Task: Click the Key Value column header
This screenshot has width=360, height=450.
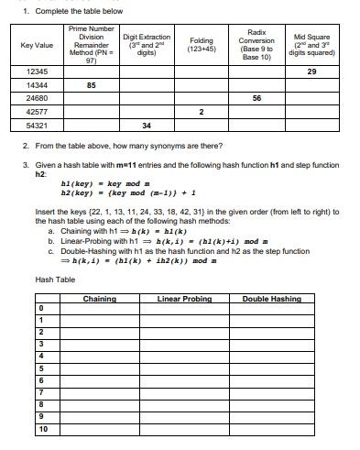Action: [37, 45]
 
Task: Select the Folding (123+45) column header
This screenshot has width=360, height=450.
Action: [201, 45]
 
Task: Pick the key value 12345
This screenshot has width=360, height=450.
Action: [38, 71]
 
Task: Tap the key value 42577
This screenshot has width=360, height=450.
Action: [38, 111]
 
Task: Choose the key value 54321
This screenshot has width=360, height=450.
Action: [38, 125]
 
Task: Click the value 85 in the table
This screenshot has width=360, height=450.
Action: [91, 84]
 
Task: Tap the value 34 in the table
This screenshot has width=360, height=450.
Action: [147, 125]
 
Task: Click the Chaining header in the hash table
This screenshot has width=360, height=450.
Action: [99, 299]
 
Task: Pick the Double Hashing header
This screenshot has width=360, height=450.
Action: [271, 299]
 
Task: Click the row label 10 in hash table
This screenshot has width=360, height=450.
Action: [43, 428]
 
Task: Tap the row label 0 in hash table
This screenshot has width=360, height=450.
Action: [43, 308]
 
